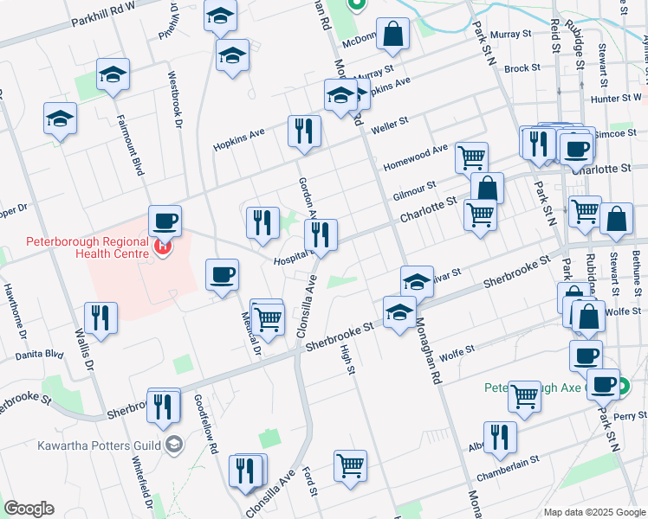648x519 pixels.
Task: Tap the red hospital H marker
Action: pyautogui.click(x=162, y=249)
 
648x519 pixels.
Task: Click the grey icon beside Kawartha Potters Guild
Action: pyautogui.click(x=175, y=445)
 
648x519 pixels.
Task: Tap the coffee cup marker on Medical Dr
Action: pyautogui.click(x=223, y=275)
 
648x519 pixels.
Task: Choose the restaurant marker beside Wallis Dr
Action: pyautogui.click(x=101, y=317)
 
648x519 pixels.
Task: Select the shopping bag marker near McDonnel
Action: pyautogui.click(x=392, y=35)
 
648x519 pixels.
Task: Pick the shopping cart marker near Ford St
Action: pyautogui.click(x=350, y=465)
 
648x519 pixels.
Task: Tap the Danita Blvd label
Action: pyautogui.click(x=40, y=356)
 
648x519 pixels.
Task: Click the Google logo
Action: pyautogui.click(x=29, y=509)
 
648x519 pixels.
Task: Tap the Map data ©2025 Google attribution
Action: pyautogui.click(x=594, y=512)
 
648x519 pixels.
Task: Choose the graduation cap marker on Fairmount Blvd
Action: pyautogui.click(x=113, y=75)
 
